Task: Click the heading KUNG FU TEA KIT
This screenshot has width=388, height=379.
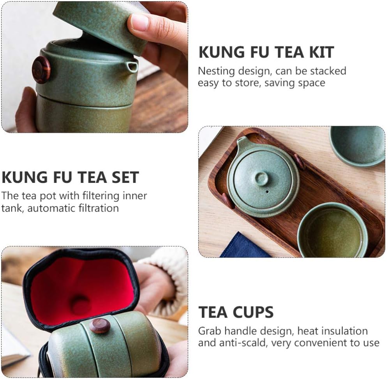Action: click(266, 53)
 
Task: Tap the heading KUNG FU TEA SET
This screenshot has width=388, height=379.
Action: click(70, 177)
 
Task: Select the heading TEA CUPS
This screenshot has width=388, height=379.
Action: click(236, 312)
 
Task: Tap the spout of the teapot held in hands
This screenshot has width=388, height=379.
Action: click(132, 67)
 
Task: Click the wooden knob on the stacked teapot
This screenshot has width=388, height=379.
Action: click(41, 70)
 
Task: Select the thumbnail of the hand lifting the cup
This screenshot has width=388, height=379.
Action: click(95, 67)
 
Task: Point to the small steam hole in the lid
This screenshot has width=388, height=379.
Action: click(267, 192)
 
